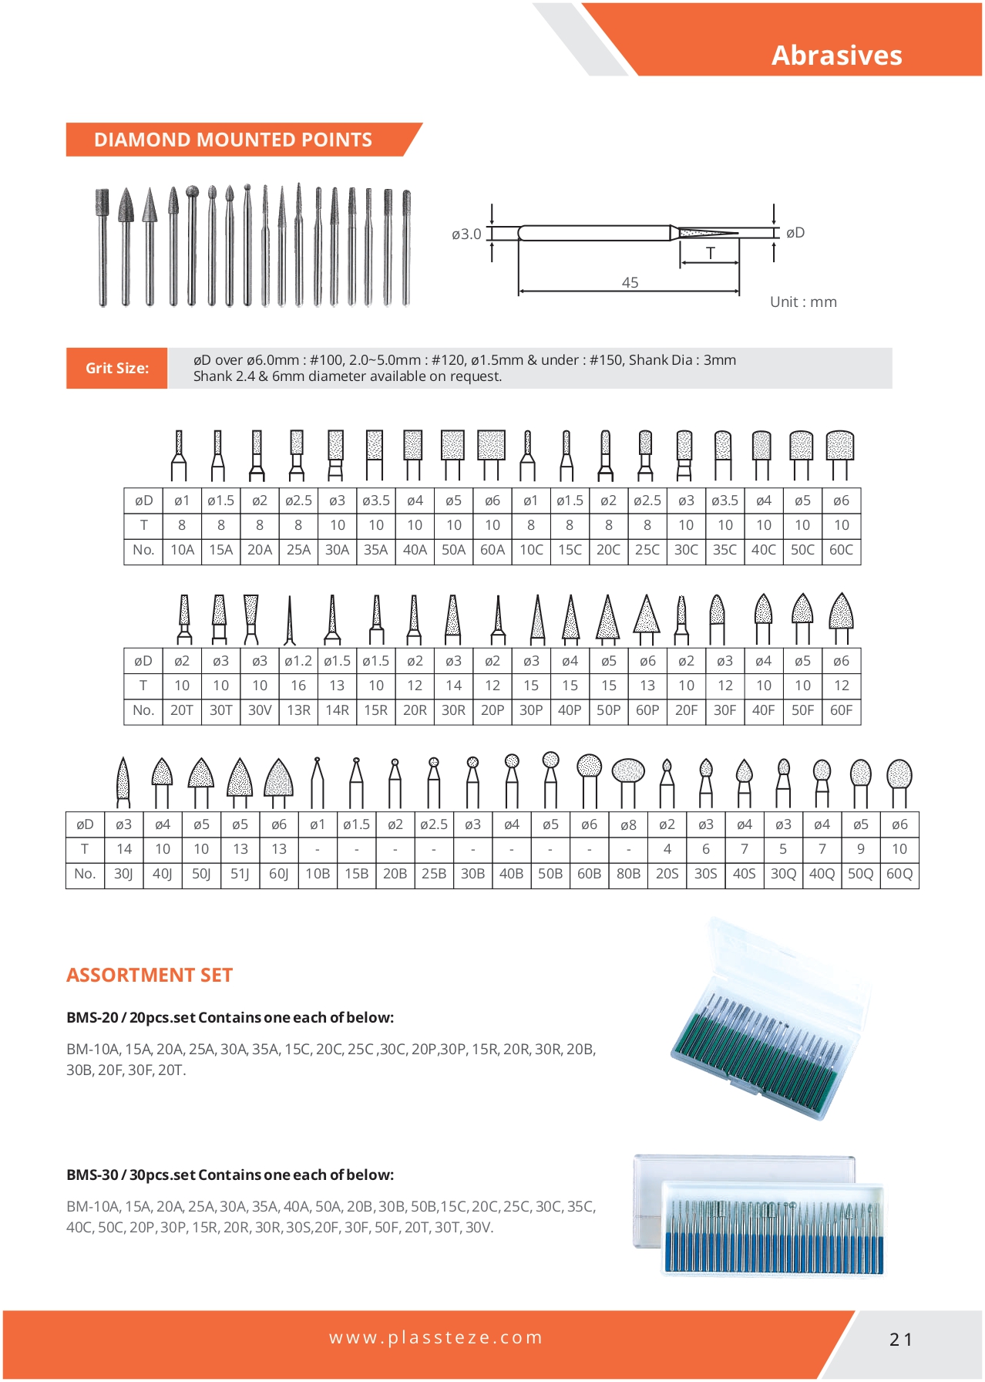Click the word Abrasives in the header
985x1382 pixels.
[836, 56]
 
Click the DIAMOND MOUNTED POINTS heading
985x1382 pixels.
[233, 140]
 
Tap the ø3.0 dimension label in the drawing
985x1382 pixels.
[466, 234]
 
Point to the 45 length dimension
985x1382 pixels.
[630, 282]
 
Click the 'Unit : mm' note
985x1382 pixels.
[803, 302]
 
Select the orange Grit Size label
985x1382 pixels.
[116, 368]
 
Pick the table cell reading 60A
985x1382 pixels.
[492, 550]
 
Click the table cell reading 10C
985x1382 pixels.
[530, 550]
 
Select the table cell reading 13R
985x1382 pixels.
[298, 710]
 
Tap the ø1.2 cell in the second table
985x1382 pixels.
[298, 661]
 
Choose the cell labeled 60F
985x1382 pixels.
[841, 710]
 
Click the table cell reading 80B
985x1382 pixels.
[628, 874]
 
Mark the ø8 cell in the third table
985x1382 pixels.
[628, 824]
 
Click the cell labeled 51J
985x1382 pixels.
[240, 874]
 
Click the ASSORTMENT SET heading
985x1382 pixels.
[150, 975]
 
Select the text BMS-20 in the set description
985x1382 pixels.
[92, 1017]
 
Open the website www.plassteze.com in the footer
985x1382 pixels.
[435, 1337]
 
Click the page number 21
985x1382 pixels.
[900, 1340]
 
